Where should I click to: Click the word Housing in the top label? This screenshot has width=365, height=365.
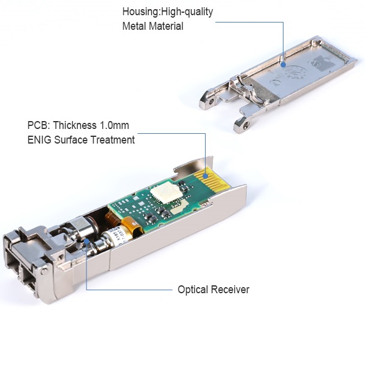pos(141,12)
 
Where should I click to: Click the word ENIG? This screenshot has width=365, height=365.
pos(39,140)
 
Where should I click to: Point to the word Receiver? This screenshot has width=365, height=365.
pos(230,290)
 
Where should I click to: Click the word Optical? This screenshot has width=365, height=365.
pos(193,290)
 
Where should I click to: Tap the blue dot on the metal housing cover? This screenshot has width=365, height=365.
pos(283,64)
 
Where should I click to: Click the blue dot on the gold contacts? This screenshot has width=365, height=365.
pos(206,176)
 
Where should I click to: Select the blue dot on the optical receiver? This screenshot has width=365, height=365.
pos(86,241)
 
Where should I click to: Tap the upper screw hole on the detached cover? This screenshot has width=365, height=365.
pos(211,102)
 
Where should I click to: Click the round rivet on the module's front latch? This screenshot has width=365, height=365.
pos(44,271)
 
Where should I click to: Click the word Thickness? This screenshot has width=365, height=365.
pos(75,125)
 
